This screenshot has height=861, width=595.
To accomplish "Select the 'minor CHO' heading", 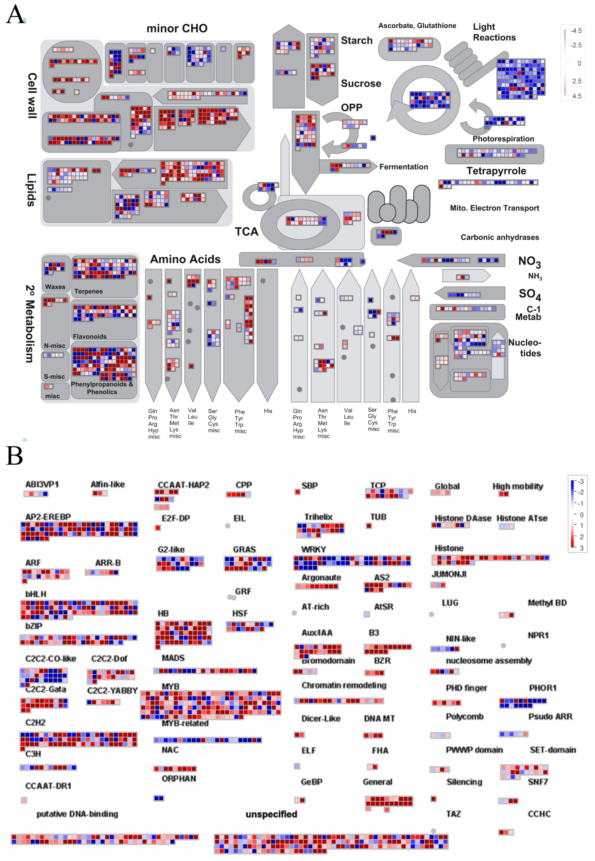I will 177,28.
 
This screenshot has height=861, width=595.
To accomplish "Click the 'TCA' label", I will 246,232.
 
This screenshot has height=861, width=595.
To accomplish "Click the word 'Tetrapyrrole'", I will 496,171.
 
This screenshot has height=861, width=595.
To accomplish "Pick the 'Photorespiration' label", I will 503,139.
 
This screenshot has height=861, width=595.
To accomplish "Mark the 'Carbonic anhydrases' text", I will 500,237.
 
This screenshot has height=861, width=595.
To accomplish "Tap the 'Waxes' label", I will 55,287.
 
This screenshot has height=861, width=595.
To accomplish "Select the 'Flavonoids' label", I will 90,336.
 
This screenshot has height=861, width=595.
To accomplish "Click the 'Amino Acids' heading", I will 185,259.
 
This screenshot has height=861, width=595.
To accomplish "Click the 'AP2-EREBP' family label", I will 48,516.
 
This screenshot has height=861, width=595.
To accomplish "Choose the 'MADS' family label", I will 173,658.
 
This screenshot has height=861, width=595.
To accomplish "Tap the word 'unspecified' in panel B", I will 271,814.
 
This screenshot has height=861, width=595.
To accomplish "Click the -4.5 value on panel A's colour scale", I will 576,31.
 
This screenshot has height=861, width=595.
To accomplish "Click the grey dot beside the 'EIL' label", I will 227,526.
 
